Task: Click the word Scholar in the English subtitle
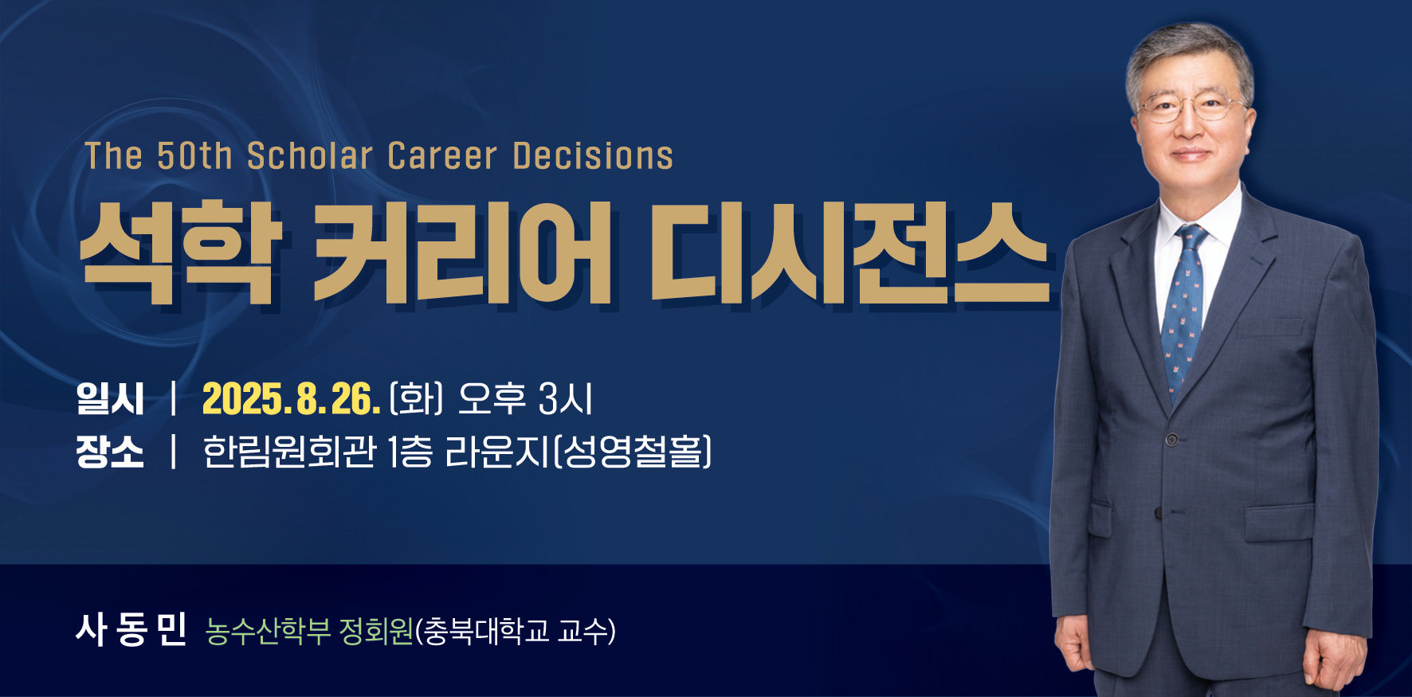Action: (309, 156)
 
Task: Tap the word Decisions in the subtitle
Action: (593, 156)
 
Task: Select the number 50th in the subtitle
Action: (194, 156)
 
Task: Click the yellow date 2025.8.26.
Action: (291, 399)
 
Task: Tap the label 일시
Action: (110, 399)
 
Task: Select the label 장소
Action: (110, 452)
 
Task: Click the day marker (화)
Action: (416, 399)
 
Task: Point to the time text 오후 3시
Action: (525, 399)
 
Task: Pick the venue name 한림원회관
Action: (289, 452)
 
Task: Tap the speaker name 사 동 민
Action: (131, 630)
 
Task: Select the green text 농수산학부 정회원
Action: (309, 631)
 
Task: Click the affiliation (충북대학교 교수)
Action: (516, 631)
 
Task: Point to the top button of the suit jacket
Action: (1171, 440)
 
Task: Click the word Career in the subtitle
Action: (442, 156)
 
